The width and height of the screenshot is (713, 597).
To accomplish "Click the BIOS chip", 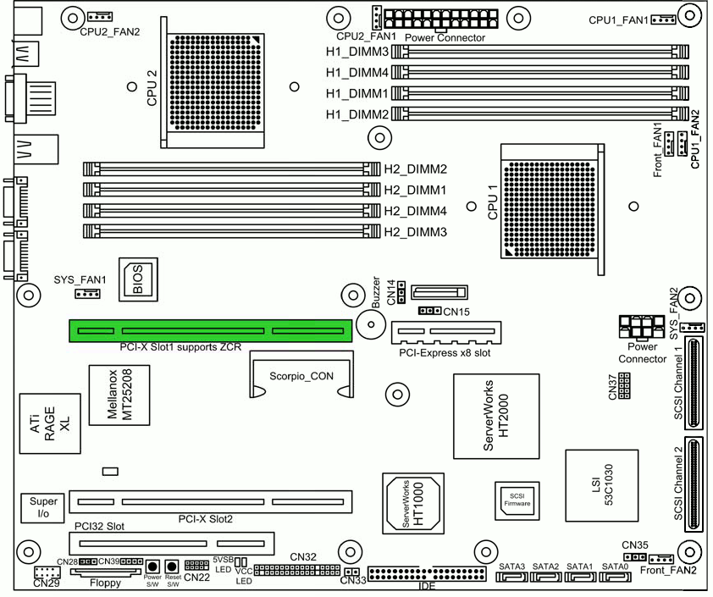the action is click(x=138, y=279).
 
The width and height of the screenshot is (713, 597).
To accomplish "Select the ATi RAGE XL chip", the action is click(x=50, y=423).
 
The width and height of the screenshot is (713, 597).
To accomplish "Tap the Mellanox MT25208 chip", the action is click(x=119, y=395).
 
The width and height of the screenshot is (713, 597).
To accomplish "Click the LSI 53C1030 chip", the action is click(x=601, y=485).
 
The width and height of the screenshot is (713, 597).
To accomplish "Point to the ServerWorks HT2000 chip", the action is click(x=496, y=416).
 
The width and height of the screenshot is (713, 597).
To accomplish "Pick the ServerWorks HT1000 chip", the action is click(x=413, y=503).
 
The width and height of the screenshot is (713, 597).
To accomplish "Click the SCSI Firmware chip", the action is click(x=517, y=500).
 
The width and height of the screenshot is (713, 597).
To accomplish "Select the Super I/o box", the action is click(x=42, y=507).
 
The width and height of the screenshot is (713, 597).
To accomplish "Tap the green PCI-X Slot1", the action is click(x=211, y=330).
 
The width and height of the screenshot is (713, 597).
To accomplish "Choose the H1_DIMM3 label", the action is click(x=357, y=52).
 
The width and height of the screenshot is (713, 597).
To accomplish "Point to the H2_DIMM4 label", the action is click(x=416, y=211).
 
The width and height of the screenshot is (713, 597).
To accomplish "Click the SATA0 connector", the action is click(x=616, y=577).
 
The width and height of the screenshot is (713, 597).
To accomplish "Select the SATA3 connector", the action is click(x=512, y=577).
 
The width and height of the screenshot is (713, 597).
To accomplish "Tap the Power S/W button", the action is click(x=152, y=567).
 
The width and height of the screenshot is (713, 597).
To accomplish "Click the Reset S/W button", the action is click(x=171, y=567).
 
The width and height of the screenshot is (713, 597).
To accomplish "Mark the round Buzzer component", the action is click(x=371, y=324).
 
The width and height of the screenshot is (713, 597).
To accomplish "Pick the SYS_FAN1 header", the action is click(x=87, y=294).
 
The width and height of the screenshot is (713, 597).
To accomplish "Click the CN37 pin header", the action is click(x=624, y=386).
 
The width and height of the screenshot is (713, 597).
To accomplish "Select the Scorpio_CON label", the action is click(x=301, y=376).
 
